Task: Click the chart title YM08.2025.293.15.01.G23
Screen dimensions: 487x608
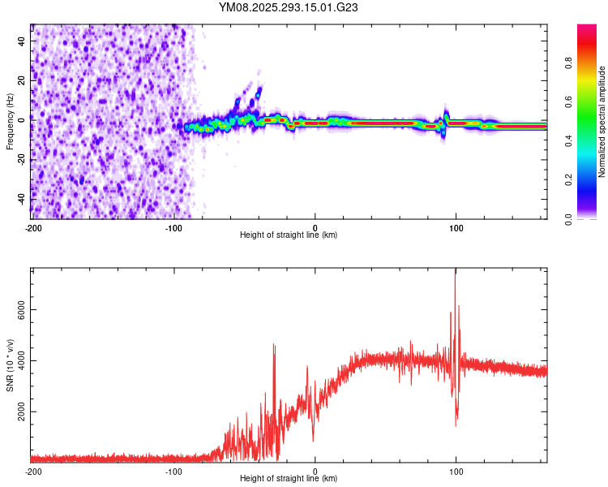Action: pyautogui.click(x=289, y=7)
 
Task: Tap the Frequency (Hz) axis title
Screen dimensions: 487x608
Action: pyautogui.click(x=10, y=122)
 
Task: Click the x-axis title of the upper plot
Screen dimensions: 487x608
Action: pyautogui.click(x=289, y=235)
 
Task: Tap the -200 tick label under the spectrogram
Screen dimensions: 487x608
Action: pyautogui.click(x=32, y=226)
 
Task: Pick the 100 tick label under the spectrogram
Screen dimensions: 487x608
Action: pyautogui.click(x=456, y=226)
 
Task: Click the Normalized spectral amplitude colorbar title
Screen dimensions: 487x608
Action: pyautogui.click(x=602, y=122)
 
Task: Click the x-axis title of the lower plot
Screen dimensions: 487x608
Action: pyautogui.click(x=289, y=479)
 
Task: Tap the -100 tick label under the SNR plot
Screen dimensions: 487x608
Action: pyautogui.click(x=173, y=471)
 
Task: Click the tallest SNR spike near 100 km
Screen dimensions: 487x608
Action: pyautogui.click(x=456, y=271)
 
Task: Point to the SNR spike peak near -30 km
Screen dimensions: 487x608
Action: pyautogui.click(x=274, y=345)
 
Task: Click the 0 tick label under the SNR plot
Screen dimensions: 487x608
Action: pyautogui.click(x=315, y=471)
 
